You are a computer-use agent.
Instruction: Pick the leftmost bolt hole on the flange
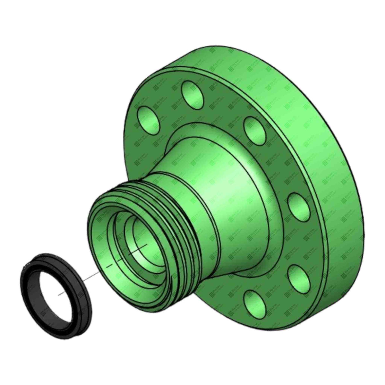pos(149,120)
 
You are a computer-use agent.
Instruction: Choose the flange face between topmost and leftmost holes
pos(167,106)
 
